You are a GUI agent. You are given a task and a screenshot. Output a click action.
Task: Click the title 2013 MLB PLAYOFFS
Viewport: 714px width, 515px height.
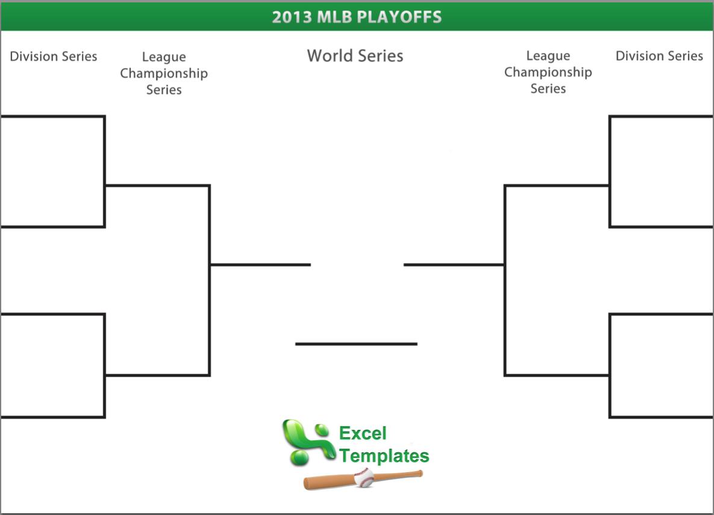coord(357,17)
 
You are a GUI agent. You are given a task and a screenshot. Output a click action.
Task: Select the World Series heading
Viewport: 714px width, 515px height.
coord(355,55)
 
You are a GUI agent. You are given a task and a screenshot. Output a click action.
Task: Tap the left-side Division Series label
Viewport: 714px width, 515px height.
coord(54,57)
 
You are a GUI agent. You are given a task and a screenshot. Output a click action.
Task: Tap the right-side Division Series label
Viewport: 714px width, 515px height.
coord(659,56)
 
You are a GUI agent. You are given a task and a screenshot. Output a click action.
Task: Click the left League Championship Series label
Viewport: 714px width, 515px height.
coord(164,74)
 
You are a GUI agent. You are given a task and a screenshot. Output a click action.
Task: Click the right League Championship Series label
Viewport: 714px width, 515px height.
coord(548,72)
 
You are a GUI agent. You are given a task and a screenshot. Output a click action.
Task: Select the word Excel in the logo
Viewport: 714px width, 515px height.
coord(363,433)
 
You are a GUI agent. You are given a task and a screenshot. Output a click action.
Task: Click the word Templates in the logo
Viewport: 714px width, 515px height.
coord(384,455)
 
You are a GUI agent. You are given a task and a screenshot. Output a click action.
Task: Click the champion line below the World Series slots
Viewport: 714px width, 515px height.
coord(356,344)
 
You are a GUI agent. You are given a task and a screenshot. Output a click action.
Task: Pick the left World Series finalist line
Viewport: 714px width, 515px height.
coord(260,264)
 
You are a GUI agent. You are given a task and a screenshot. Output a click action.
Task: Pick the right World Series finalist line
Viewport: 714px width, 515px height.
coord(454,264)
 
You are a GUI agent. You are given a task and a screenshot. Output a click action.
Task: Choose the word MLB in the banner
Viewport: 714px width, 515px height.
coord(332,17)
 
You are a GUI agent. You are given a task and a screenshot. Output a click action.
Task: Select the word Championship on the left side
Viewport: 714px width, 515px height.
coord(164,74)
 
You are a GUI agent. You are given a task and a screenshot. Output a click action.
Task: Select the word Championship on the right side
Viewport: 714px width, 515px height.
coord(548,72)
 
